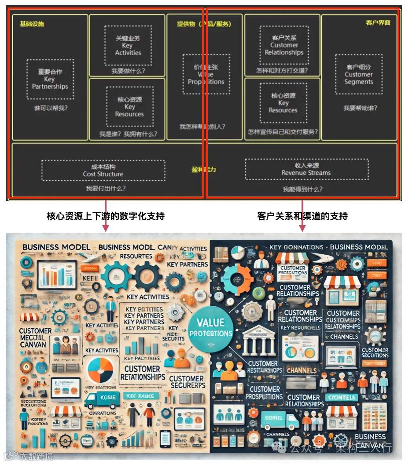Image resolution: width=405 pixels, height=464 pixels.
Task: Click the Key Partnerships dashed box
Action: coord(50,79)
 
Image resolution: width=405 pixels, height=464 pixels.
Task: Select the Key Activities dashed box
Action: coord(128,45)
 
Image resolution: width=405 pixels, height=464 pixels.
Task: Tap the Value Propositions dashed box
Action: coord(206,74)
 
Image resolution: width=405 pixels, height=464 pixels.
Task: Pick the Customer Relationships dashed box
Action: coord(284,45)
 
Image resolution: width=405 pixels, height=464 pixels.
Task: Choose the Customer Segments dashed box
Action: coord(358,74)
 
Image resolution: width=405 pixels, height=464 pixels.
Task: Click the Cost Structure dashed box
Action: coord(103,170)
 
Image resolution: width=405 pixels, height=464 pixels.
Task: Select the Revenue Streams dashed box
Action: coord(306,169)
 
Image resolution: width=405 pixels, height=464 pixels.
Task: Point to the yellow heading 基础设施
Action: coord(32,24)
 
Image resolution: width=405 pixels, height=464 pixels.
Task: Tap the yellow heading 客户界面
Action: coord(378,23)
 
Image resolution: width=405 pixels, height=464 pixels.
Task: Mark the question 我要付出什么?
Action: coord(106,188)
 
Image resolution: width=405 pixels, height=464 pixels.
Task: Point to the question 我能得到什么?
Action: coord(302,189)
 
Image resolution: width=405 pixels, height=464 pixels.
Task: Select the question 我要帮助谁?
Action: coord(360,108)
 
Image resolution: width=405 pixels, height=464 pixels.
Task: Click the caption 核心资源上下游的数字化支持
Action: coord(106,216)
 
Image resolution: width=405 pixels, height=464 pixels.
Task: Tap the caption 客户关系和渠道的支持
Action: coord(302,216)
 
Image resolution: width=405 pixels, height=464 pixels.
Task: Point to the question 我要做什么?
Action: coord(128,71)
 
